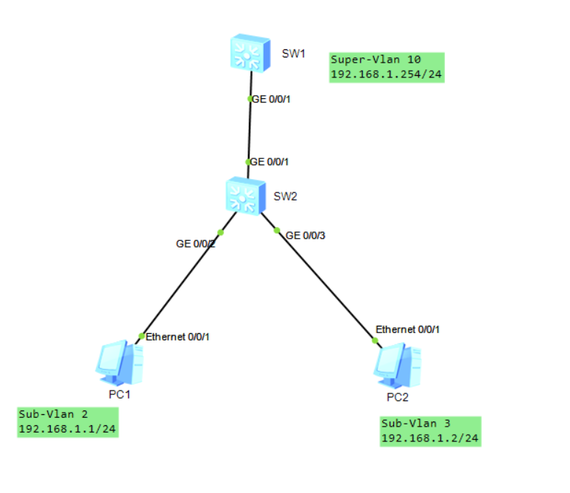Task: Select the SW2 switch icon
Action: tap(246, 195)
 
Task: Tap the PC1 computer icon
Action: tap(119, 363)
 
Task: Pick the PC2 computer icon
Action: tap(398, 365)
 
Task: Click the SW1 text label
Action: tap(293, 54)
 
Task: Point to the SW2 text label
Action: tap(285, 196)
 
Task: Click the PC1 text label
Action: tap(119, 394)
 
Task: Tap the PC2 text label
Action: tap(397, 397)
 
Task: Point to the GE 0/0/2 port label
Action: tap(195, 242)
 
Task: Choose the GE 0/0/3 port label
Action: tap(305, 236)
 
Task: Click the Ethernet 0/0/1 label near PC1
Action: tap(178, 337)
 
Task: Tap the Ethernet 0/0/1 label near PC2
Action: tap(407, 329)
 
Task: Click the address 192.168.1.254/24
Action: tap(387, 74)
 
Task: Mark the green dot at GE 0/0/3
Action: tap(278, 231)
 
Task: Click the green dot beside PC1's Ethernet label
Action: tap(141, 336)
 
